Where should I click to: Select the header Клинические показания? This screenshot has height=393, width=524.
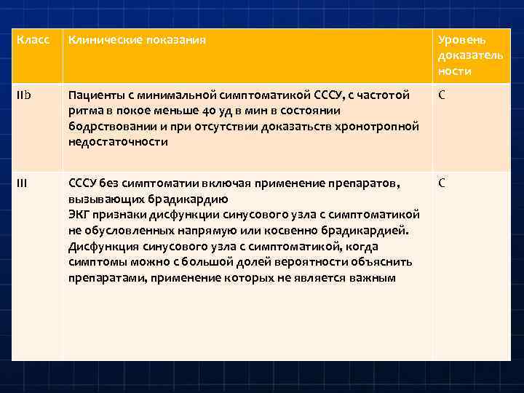(137, 40)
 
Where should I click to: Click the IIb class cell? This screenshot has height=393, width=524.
(23, 95)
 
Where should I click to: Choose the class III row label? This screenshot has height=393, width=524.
(22, 183)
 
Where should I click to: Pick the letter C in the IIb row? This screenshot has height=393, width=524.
(442, 95)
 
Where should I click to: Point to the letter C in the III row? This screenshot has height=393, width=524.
(442, 183)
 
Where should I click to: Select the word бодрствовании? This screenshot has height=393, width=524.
(111, 127)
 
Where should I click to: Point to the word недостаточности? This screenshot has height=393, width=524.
(118, 142)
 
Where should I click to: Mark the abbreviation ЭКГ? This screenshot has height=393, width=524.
(79, 214)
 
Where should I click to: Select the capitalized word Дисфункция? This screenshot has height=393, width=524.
(101, 246)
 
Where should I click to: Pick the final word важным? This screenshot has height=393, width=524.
(373, 277)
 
